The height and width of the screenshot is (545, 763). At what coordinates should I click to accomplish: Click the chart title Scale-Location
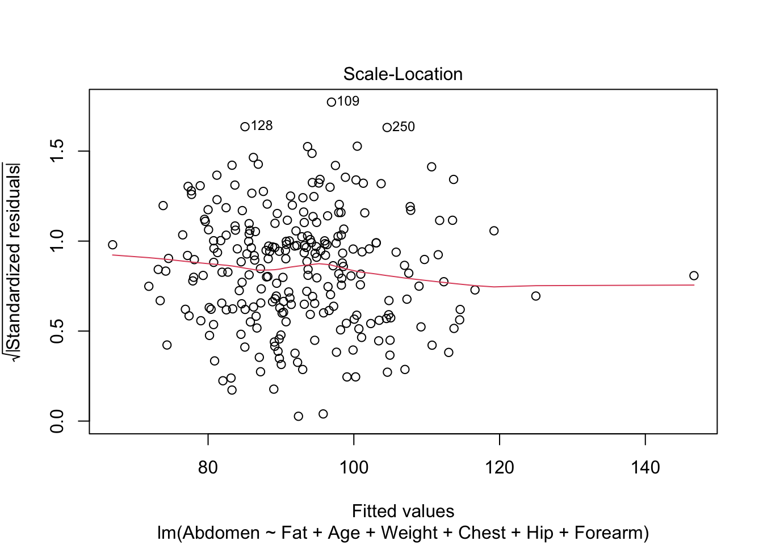tap(403, 74)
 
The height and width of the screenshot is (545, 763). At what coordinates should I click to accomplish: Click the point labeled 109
tap(331, 102)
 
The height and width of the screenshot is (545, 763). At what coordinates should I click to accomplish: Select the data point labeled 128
tap(245, 127)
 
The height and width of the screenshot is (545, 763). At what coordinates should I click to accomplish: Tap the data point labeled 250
tap(387, 128)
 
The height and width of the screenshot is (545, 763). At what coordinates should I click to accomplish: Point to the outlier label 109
tap(348, 102)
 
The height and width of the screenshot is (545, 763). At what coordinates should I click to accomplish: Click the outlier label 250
tap(404, 127)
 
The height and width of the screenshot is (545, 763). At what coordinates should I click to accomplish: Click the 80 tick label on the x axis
tap(208, 468)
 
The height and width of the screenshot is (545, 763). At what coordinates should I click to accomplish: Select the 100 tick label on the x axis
tap(354, 468)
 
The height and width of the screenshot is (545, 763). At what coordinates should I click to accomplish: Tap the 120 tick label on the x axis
tap(500, 468)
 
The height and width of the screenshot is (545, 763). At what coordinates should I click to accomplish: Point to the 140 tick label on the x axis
tap(645, 468)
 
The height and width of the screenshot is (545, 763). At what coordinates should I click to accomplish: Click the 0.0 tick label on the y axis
tap(57, 421)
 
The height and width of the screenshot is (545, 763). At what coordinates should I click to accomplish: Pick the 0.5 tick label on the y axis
tap(57, 331)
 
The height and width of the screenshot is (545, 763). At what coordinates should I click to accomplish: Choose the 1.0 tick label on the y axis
tap(57, 241)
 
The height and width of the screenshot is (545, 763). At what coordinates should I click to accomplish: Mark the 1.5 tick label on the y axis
tap(57, 152)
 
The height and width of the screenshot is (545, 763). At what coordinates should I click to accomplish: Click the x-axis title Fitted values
tap(403, 512)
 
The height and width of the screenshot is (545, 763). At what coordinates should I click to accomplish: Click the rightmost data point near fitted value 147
tap(694, 276)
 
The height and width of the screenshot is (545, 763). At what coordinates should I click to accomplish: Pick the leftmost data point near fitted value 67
tap(112, 245)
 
